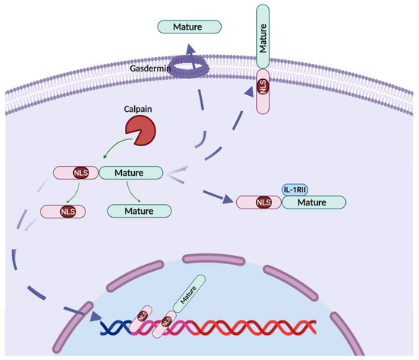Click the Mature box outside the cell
189,27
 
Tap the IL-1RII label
294,189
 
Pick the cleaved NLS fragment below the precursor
63,211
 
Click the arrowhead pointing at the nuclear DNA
94,318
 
